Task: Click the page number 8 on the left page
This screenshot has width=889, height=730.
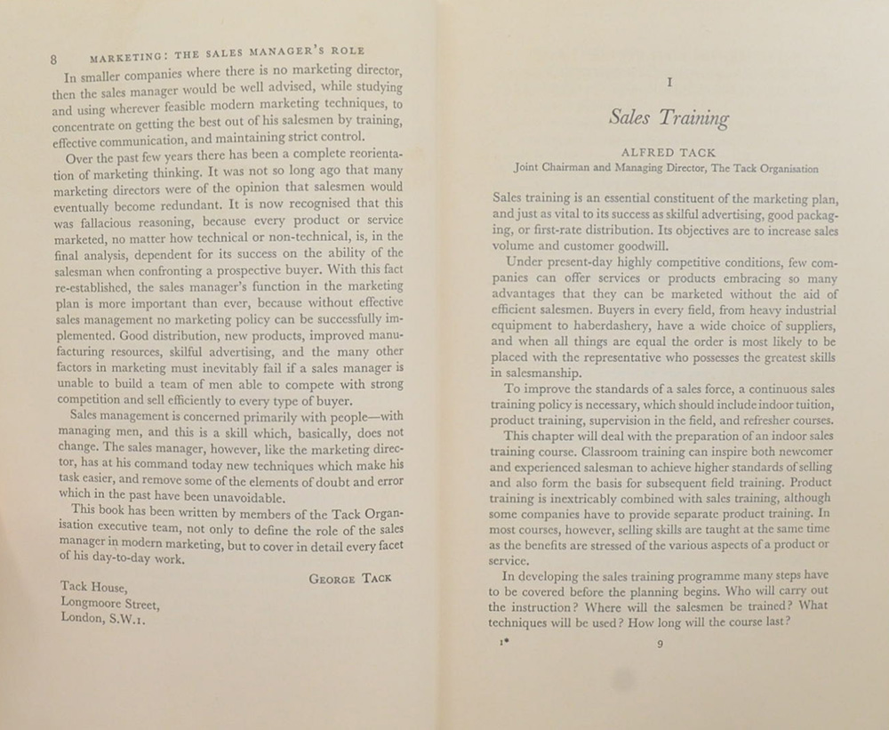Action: pyautogui.click(x=54, y=60)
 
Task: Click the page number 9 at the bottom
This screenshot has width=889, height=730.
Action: pyautogui.click(x=660, y=645)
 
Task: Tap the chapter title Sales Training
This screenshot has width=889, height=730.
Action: pyautogui.click(x=669, y=118)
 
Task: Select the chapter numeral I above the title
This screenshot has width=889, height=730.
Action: pyautogui.click(x=669, y=83)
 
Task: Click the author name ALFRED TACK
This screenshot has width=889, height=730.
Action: pyautogui.click(x=668, y=152)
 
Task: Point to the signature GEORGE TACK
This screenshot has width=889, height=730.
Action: pyautogui.click(x=349, y=578)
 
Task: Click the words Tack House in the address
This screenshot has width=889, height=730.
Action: pyautogui.click(x=94, y=587)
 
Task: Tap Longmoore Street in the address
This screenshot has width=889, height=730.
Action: pyautogui.click(x=109, y=603)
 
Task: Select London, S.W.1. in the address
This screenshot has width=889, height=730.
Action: pyautogui.click(x=102, y=619)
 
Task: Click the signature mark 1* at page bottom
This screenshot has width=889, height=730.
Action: pyautogui.click(x=504, y=643)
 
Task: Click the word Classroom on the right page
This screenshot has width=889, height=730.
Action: pyautogui.click(x=621, y=452)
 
